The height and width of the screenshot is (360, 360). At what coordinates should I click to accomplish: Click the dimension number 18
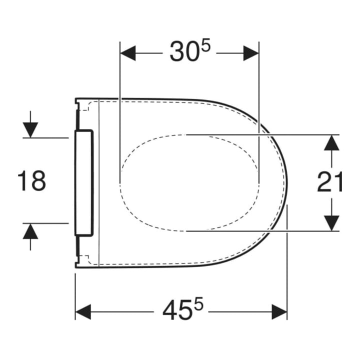(x=32, y=180)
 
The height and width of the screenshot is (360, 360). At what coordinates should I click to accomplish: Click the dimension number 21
(x=329, y=181)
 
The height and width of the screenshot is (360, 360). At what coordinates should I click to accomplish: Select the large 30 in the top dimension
(x=183, y=51)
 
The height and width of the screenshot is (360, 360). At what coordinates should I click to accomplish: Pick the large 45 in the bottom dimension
(x=177, y=310)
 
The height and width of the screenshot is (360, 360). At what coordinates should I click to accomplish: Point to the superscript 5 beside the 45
(x=198, y=303)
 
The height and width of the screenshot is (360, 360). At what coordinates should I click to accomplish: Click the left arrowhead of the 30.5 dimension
(x=128, y=53)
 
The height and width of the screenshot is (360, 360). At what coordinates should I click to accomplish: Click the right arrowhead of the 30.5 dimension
(x=251, y=53)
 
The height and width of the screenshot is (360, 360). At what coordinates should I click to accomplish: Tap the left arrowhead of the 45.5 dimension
(x=83, y=312)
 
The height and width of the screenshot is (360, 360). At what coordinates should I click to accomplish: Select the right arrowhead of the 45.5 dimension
(x=279, y=312)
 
